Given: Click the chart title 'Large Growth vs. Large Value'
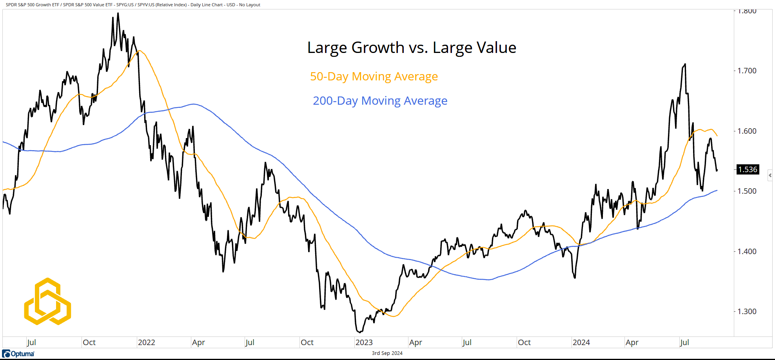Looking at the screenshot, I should [x=412, y=48].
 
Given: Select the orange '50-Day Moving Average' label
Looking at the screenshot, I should [x=374, y=76].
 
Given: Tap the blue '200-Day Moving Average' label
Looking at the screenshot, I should [x=380, y=101].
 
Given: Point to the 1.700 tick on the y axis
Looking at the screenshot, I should [x=747, y=71].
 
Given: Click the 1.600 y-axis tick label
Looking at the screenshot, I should [x=747, y=131].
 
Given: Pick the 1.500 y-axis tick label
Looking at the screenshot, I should [x=747, y=191].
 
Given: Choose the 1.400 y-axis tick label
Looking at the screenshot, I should [x=747, y=252].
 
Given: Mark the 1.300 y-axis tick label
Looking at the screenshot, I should [x=747, y=312].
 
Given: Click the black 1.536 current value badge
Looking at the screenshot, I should [x=748, y=170].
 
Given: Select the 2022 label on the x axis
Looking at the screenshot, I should [x=147, y=342].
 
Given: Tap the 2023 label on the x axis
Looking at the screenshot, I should [x=364, y=342].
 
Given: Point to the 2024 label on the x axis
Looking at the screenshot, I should [x=581, y=342].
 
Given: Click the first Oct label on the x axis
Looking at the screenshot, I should [x=89, y=342].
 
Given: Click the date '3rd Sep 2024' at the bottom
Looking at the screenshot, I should [x=387, y=353].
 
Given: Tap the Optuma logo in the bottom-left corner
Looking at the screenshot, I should [x=18, y=354].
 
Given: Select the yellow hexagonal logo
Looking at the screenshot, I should [x=47, y=302].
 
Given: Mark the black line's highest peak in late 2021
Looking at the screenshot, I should [x=118, y=14].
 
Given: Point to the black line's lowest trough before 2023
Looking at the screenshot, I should [x=359, y=332].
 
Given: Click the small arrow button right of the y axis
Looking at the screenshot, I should [x=770, y=175].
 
